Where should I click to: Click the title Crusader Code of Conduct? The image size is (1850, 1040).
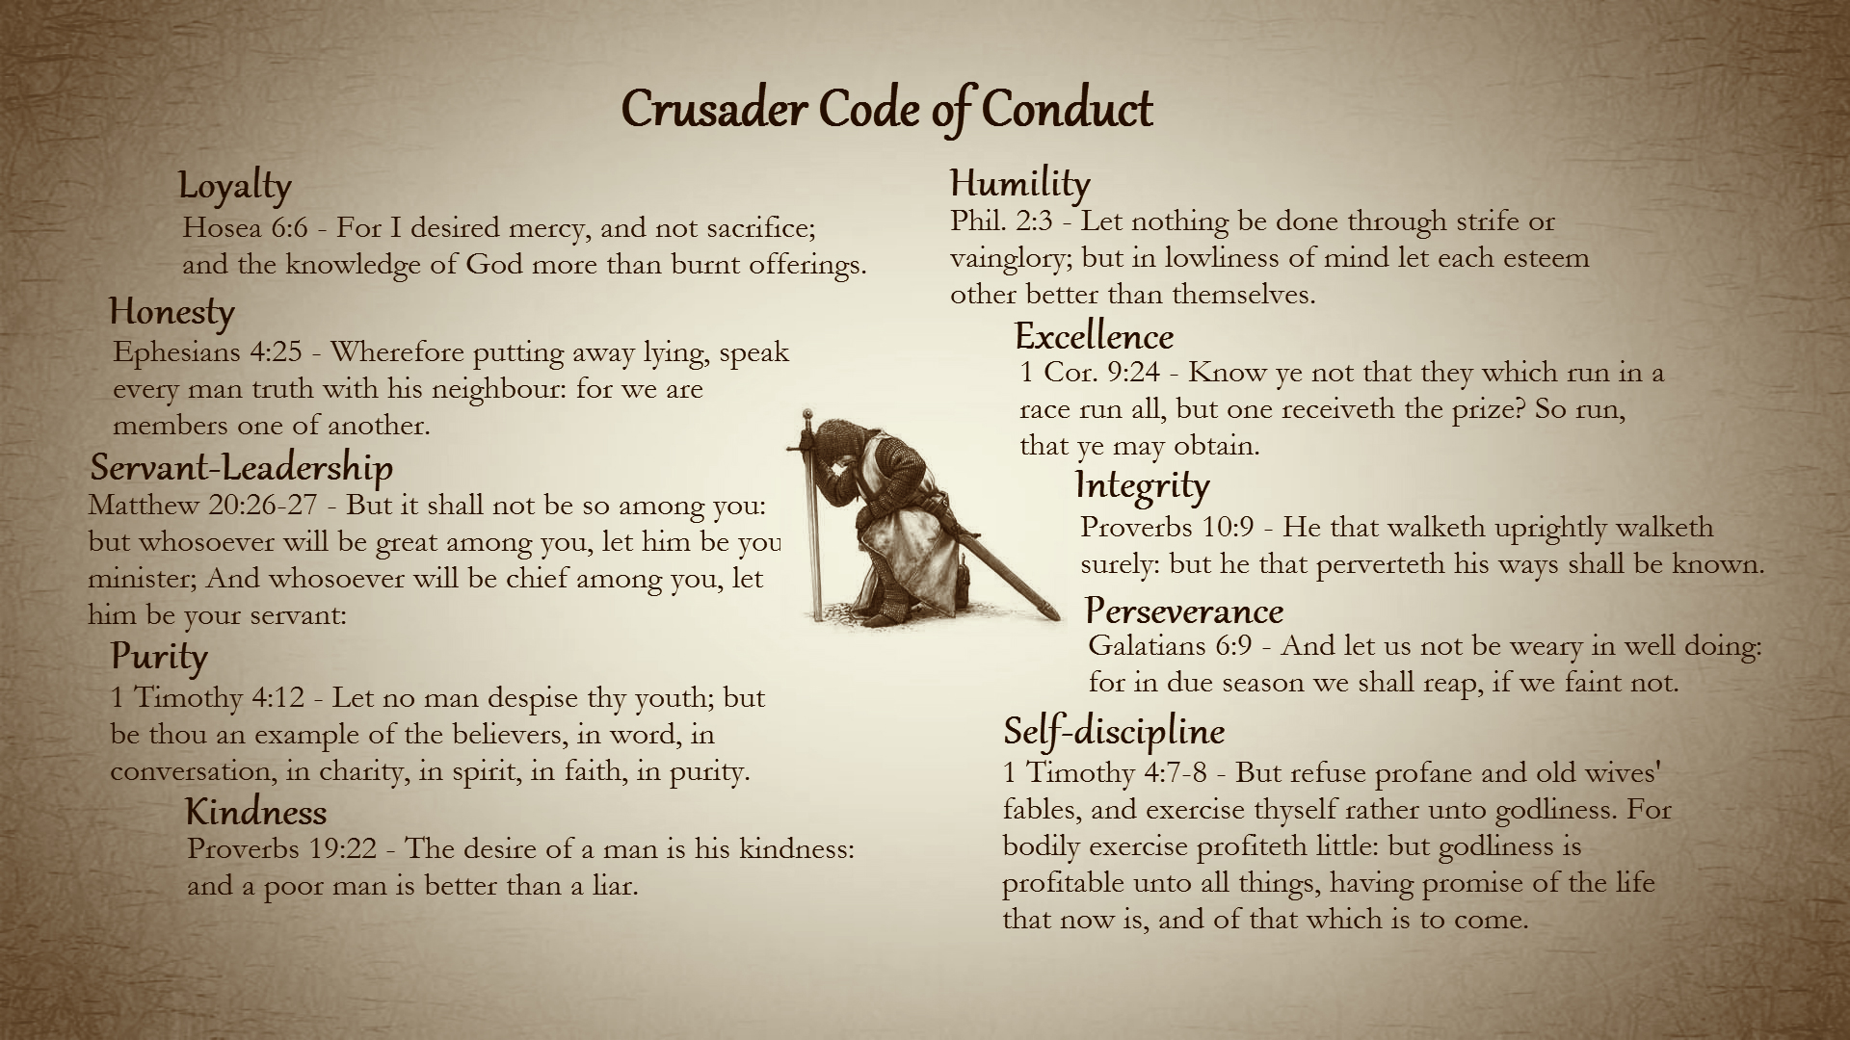(x=886, y=109)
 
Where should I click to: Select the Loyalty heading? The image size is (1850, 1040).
(x=234, y=187)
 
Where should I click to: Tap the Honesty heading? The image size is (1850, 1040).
(x=172, y=312)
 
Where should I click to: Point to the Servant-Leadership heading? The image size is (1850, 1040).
(x=241, y=468)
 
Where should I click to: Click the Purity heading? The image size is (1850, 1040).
(x=159, y=657)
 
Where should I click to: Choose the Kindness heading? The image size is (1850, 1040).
(x=255, y=813)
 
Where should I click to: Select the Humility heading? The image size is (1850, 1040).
(x=1019, y=183)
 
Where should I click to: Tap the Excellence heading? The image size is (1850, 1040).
(x=1094, y=337)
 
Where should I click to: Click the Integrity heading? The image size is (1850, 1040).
(x=1142, y=485)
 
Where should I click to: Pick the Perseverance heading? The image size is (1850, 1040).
(x=1183, y=611)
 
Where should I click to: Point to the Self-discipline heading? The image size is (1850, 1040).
(x=1113, y=732)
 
